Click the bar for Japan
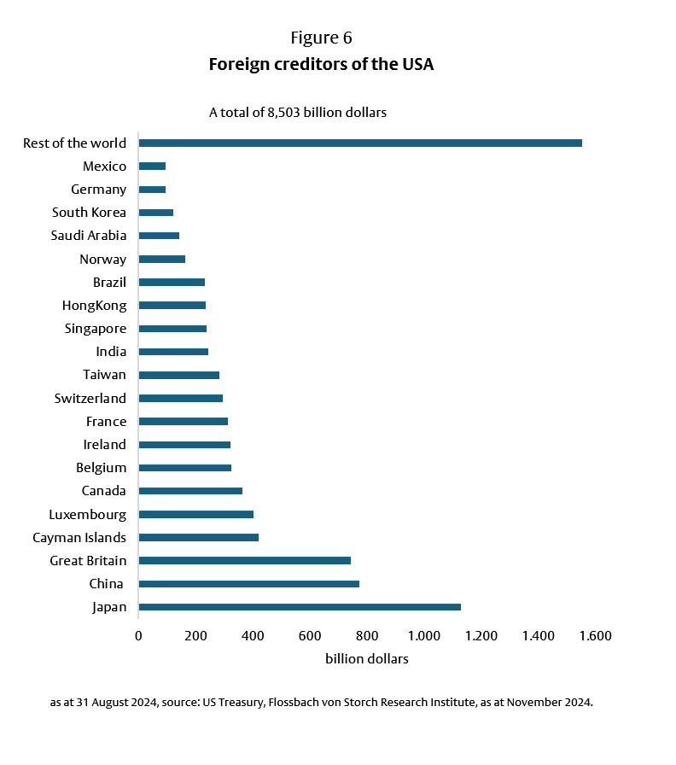point(299,607)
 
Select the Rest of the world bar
point(359,143)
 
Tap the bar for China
point(248,584)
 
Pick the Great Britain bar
point(244,560)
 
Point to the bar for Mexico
point(152,166)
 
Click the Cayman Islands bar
point(198,537)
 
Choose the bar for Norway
point(161,259)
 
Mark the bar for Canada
point(190,491)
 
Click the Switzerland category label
point(90,398)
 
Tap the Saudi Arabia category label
point(88,236)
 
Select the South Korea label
point(89,213)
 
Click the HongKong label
point(94,305)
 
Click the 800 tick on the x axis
point(367,635)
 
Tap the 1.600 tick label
point(595,635)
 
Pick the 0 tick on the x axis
point(138,635)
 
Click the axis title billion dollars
point(366,659)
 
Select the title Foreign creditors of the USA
point(321,65)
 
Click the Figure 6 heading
point(321,38)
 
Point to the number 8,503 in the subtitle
point(299,113)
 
